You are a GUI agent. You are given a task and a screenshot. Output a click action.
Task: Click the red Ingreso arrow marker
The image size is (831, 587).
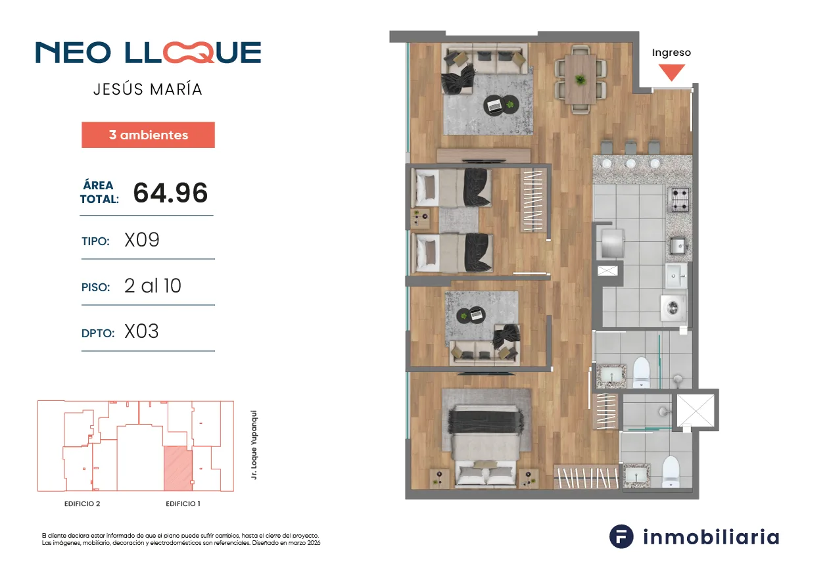tap(672, 72)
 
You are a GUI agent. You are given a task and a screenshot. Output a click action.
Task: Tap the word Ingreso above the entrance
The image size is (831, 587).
tap(671, 53)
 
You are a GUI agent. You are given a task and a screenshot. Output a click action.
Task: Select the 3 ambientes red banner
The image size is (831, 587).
tap(148, 135)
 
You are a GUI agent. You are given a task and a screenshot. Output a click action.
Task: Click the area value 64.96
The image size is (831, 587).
tap(170, 193)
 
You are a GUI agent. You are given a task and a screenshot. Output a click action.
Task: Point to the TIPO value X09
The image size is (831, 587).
tap(142, 240)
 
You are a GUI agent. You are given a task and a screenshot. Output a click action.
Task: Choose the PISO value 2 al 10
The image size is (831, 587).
tap(153, 286)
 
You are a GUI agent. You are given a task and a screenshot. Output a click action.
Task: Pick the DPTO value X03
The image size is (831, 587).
tap(141, 331)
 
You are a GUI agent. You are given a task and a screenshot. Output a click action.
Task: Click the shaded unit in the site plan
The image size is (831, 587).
tap(178, 468)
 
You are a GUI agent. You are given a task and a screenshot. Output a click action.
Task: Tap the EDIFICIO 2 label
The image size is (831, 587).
tap(82, 504)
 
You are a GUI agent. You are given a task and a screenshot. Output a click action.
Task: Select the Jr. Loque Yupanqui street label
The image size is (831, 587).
tap(254, 444)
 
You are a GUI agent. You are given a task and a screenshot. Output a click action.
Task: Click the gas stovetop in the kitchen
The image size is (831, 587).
tap(680, 199)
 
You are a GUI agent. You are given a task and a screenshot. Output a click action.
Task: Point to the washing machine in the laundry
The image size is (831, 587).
tap(673, 308)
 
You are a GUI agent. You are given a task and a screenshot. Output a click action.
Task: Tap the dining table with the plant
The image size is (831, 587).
tap(581, 79)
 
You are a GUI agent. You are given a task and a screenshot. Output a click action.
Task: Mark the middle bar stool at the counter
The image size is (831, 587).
tap(630, 148)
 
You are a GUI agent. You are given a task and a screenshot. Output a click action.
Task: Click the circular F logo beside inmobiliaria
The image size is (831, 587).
tap(621, 536)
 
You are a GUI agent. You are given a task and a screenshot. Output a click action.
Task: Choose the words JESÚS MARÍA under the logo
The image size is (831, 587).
tap(148, 89)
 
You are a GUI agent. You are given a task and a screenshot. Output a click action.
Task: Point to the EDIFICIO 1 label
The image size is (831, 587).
tap(183, 504)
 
